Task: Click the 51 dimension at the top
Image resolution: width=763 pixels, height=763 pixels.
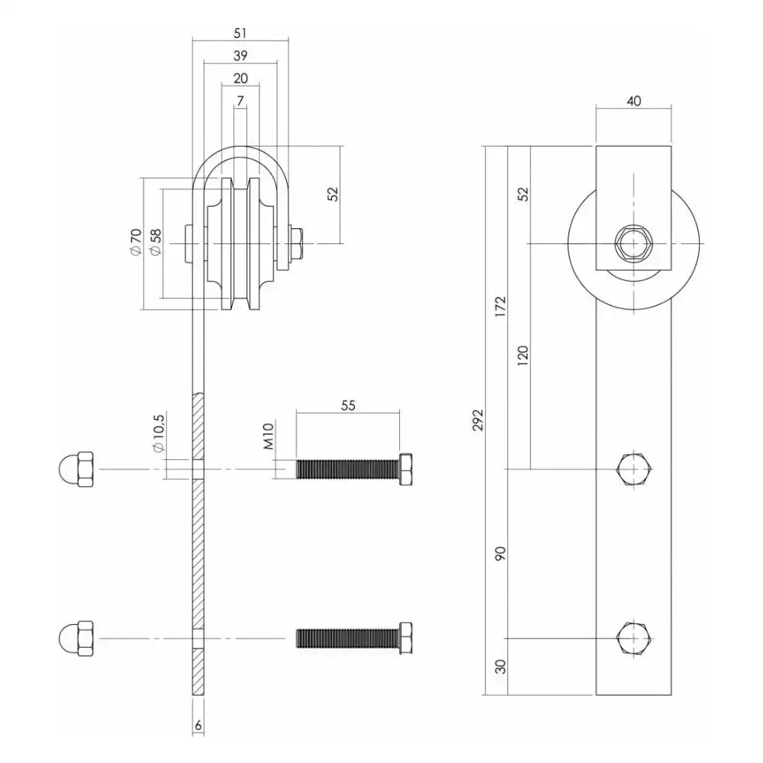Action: [x=240, y=33]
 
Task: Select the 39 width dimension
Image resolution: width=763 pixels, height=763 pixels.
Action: [x=240, y=56]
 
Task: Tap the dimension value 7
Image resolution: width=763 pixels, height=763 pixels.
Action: [x=240, y=100]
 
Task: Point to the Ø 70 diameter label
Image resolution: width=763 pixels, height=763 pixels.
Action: [x=135, y=241]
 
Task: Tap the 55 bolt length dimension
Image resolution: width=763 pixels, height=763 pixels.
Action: [x=347, y=406]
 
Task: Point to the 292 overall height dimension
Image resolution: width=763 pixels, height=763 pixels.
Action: [x=478, y=420]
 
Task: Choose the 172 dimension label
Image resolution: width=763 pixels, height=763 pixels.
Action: [x=500, y=305]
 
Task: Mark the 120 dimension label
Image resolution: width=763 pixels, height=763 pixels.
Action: [x=522, y=356]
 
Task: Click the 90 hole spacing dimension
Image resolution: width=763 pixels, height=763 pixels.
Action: [x=500, y=553]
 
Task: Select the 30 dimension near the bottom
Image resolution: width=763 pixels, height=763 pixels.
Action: [x=500, y=666]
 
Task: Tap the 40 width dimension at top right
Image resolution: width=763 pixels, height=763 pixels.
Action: [x=633, y=100]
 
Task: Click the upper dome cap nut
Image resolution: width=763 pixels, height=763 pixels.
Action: [x=76, y=468]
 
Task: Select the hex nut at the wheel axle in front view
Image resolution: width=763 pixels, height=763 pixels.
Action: [x=633, y=243]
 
